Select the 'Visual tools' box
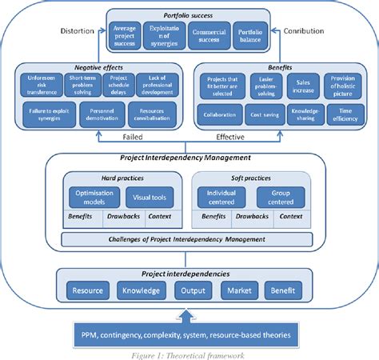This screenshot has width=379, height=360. (150, 196)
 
